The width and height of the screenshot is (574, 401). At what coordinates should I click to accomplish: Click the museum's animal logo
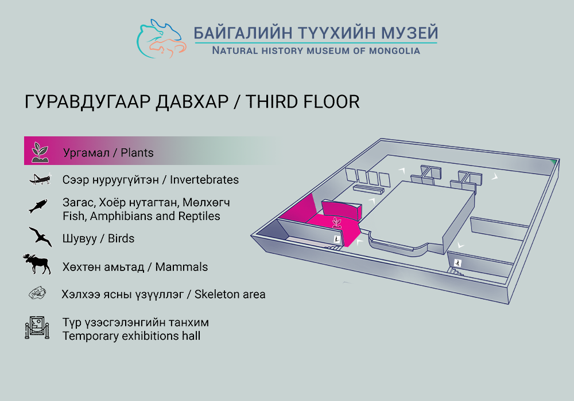[x=162, y=39]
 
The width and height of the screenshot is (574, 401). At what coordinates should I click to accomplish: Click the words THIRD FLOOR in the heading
[x=302, y=101]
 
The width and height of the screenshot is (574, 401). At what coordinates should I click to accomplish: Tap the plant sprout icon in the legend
[x=40, y=152]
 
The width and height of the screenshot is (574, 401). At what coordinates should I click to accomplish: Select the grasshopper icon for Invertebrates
[x=40, y=179]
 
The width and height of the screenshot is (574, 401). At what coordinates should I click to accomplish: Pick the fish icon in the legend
[x=38, y=206]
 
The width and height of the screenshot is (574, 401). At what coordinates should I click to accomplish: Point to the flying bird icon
[x=40, y=237]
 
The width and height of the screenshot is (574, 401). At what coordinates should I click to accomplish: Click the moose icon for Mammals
[x=37, y=264]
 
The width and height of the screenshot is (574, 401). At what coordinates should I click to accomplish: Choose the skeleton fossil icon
[x=38, y=294]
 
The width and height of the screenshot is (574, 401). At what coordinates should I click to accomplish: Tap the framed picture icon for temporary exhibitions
[x=37, y=328]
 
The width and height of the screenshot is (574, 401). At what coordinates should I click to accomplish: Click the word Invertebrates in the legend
[x=204, y=180]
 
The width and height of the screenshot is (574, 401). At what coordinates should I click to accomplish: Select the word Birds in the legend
[x=121, y=238]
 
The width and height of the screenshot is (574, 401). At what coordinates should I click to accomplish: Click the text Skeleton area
[x=230, y=294]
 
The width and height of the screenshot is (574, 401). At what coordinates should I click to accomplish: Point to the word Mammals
[x=181, y=267]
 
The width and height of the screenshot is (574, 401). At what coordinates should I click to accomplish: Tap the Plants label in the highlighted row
[x=137, y=152]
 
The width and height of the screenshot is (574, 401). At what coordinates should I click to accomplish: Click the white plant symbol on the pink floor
[x=337, y=222]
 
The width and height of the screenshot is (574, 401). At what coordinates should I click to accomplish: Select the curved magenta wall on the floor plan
[x=342, y=211]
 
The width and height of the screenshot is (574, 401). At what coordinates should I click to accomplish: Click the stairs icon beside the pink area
[x=337, y=239]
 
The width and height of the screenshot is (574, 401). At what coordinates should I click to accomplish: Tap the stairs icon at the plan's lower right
[x=457, y=262]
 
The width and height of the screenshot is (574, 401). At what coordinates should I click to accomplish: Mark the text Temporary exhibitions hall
[x=131, y=336]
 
